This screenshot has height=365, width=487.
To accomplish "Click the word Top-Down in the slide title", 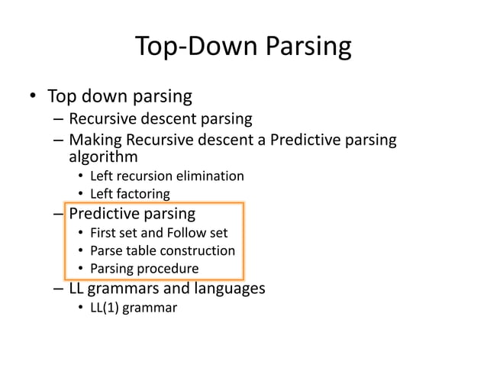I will coord(195,47).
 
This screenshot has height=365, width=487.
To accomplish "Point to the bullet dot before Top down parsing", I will coord(33,97).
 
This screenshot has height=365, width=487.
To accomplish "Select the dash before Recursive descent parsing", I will coord(59,119).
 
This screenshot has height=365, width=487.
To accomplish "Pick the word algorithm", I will coord(103,157).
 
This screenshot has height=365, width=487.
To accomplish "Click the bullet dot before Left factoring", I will coord(81,194).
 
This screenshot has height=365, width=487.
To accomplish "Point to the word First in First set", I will coord(104,232).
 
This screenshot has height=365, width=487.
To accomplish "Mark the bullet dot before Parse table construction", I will coord(81,250).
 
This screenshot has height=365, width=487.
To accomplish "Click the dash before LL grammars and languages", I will coord(59,289).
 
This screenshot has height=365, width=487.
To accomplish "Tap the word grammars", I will coord(122,289).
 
